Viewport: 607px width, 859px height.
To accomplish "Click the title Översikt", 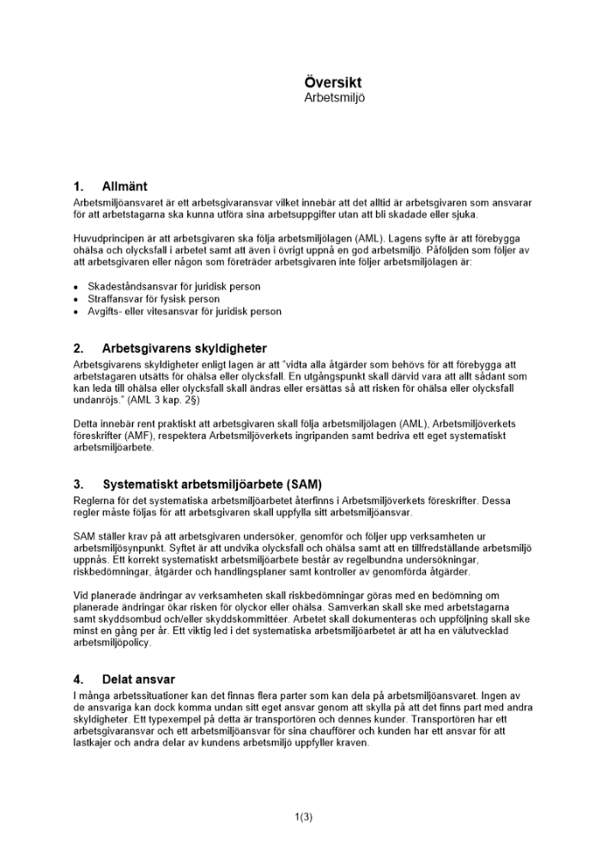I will (333, 82).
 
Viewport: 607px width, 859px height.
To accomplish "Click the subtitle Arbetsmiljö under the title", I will (334, 98).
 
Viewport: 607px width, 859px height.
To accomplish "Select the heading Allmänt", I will (124, 186).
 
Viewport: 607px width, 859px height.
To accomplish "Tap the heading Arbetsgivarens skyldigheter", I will (184, 349).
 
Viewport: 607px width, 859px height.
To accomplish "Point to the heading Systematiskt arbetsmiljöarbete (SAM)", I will (212, 484).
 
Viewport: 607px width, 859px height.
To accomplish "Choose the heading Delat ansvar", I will (138, 679).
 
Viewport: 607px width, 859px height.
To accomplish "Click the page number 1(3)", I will (303, 817).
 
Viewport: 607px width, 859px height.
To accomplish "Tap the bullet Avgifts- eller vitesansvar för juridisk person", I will (185, 312).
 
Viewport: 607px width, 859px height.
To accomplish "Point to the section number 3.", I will (78, 484).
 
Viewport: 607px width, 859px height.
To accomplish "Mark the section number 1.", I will (78, 186).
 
